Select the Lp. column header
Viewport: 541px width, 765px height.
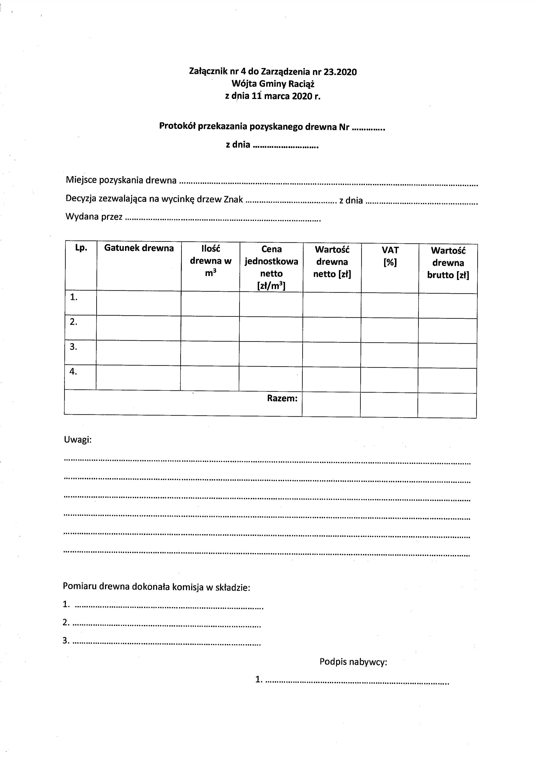tap(81, 248)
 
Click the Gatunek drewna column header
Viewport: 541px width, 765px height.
tap(139, 248)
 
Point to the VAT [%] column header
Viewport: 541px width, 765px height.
tap(390, 256)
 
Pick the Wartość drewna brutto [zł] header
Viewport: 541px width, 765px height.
tap(448, 263)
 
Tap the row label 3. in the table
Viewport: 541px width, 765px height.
tap(73, 347)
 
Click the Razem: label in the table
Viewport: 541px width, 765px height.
tap(282, 398)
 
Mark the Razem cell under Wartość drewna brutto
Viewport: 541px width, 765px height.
tap(447, 405)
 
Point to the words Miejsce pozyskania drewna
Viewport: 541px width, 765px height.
tap(121, 180)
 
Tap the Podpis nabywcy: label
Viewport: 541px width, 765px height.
tap(353, 662)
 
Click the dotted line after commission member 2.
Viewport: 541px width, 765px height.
tap(167, 624)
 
